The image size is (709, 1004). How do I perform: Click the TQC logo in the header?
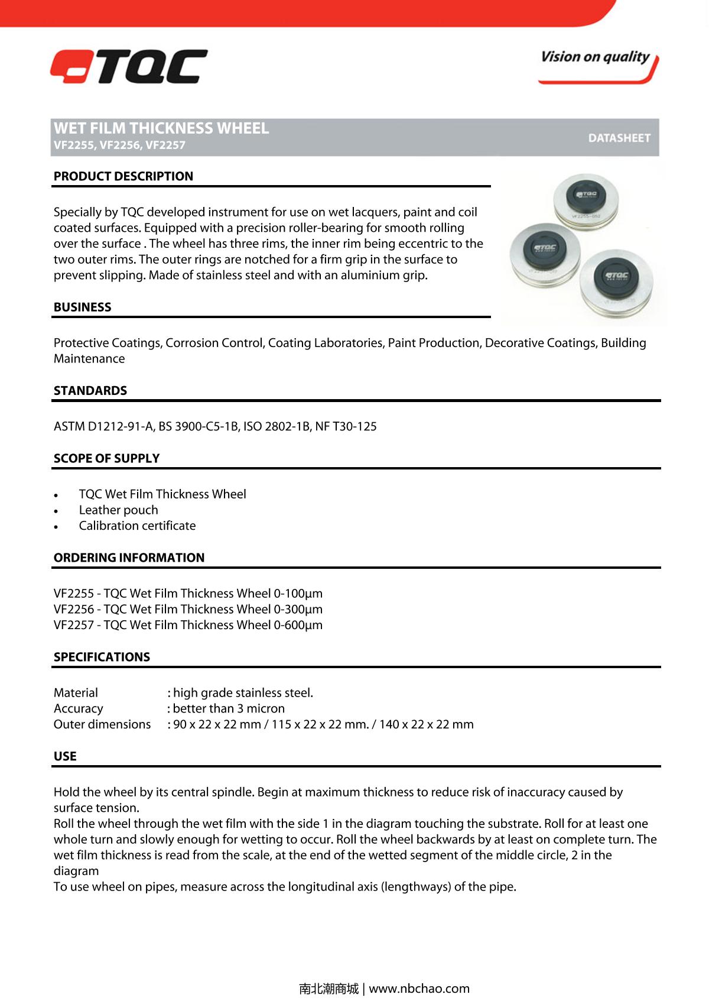tap(129, 66)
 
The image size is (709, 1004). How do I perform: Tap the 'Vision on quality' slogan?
tap(595, 57)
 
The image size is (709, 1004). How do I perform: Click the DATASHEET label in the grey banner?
tap(619, 138)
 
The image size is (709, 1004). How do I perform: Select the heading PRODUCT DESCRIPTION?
tap(123, 176)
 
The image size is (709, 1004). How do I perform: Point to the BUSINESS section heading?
tap(82, 307)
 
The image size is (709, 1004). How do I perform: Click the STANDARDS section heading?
tap(90, 390)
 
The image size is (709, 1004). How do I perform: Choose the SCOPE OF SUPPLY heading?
tap(106, 458)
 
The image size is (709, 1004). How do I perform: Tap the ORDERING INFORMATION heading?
tap(129, 558)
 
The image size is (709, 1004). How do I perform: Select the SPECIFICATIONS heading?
tap(102, 657)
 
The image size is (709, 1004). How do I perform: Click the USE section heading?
tap(65, 756)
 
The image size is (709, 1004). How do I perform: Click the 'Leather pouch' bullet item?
tap(118, 510)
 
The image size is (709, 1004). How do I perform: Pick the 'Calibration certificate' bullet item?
tap(137, 526)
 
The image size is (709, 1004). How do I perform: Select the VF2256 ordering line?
tap(188, 609)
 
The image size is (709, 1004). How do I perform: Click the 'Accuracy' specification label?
tap(78, 708)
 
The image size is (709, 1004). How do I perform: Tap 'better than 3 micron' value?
tap(229, 708)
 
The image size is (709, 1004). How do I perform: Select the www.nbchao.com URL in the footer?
tap(419, 989)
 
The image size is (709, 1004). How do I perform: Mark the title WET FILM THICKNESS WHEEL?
tap(161, 128)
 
